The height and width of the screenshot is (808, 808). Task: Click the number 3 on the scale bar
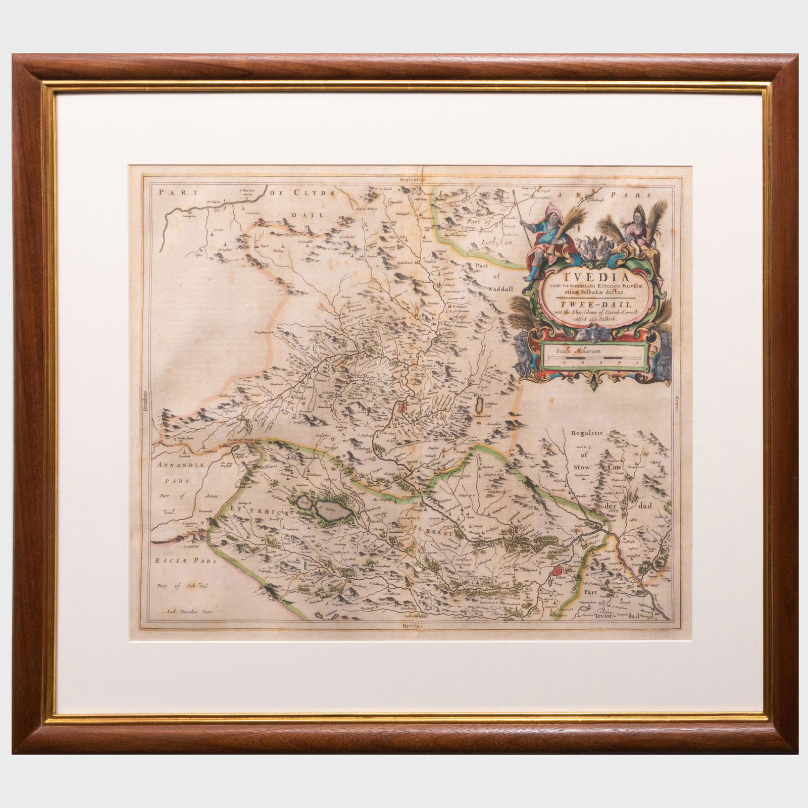[601, 362]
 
